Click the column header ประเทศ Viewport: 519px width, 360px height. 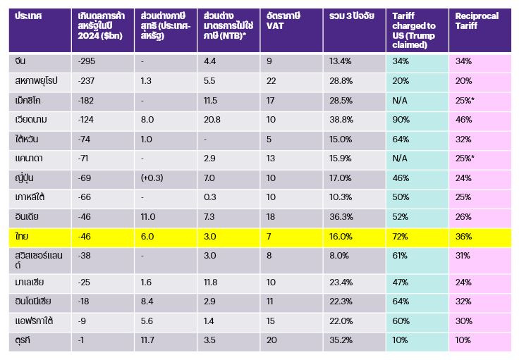(x=28, y=15)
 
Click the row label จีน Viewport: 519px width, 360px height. (x=20, y=61)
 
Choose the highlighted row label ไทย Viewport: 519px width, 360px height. (x=22, y=237)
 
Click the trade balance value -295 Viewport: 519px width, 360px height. (x=84, y=61)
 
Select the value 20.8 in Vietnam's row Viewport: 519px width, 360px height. (x=212, y=120)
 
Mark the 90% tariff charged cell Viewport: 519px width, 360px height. (x=400, y=120)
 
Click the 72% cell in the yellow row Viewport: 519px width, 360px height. (x=400, y=237)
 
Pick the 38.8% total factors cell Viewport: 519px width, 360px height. (x=341, y=120)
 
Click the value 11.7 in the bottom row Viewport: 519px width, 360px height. (x=147, y=341)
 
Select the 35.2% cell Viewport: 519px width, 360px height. (x=341, y=341)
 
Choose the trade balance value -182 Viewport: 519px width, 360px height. (x=84, y=101)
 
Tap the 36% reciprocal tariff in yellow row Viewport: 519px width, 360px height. (x=463, y=237)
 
